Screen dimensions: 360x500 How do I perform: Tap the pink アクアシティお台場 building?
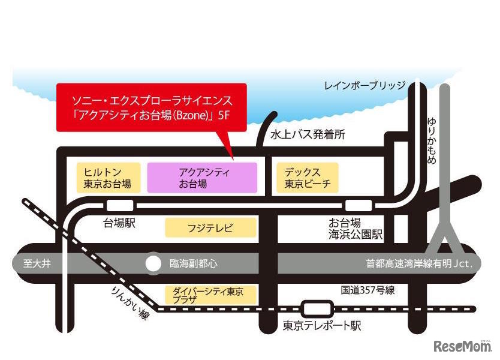(202, 178)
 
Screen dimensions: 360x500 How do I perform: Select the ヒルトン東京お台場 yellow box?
(109, 178)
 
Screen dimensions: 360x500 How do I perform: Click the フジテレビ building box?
(210, 228)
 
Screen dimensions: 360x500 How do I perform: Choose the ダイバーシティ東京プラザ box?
(210, 295)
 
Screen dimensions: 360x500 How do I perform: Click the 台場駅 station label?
(120, 223)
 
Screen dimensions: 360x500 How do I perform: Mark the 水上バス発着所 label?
(308, 135)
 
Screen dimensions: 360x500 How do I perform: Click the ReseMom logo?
(461, 346)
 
